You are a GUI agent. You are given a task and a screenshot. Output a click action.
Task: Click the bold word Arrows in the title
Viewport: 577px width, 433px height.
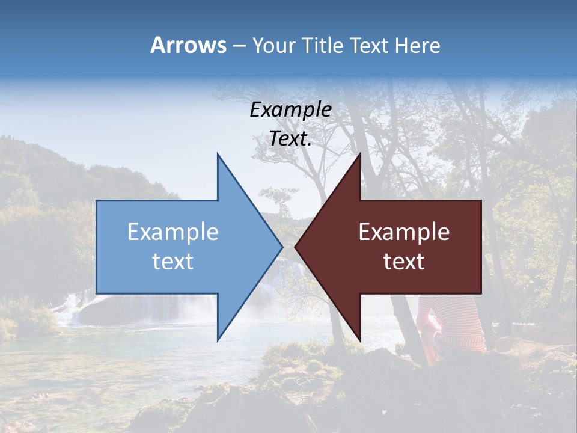click(188, 45)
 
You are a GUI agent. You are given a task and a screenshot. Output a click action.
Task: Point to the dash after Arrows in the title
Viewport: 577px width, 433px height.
click(239, 46)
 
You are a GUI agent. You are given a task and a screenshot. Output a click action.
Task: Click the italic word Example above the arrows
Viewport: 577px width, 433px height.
click(290, 110)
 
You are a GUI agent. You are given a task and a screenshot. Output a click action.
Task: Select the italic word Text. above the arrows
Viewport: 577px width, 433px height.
click(290, 139)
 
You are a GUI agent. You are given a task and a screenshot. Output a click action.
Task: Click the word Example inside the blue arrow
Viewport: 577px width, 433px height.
click(173, 232)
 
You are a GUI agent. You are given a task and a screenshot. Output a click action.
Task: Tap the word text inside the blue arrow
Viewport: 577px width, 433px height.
click(173, 262)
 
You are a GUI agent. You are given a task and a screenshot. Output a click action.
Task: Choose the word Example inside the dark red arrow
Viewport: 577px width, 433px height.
click(404, 232)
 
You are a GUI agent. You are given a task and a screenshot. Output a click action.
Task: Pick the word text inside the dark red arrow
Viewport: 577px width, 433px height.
click(404, 262)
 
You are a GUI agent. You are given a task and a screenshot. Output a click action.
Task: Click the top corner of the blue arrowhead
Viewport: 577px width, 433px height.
click(218, 155)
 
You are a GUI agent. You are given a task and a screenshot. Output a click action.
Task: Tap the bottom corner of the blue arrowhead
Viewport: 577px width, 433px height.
click(218, 340)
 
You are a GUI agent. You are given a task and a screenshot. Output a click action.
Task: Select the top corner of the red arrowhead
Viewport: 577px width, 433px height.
click(359, 155)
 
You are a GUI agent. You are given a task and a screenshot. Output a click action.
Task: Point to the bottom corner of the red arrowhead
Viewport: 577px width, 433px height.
click(359, 340)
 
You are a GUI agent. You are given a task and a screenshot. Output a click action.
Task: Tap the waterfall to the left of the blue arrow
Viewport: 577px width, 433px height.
click(72, 307)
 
